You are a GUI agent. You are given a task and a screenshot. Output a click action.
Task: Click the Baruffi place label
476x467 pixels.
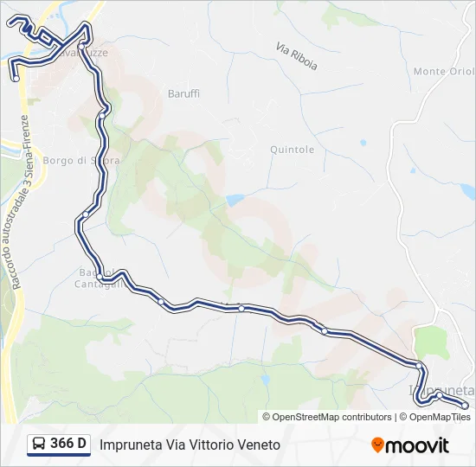click(183, 93)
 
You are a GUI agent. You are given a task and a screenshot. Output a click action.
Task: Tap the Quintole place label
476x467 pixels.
click(292, 150)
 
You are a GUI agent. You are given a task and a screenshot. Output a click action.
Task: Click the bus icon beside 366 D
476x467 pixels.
click(39, 445)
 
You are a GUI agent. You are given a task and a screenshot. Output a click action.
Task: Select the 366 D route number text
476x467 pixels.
click(68, 445)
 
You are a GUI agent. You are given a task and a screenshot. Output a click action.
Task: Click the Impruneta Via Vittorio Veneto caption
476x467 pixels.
click(190, 445)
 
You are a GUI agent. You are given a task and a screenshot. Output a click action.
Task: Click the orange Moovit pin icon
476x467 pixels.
click(377, 445)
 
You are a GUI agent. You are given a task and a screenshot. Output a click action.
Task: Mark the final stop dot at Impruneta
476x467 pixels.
click(465, 405)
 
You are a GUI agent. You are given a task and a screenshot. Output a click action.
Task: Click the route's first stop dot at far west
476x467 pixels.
click(16, 79)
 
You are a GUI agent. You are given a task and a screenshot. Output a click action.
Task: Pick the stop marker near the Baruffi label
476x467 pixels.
click(102, 113)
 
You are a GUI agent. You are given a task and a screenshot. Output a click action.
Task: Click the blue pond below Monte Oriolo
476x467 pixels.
click(466, 189)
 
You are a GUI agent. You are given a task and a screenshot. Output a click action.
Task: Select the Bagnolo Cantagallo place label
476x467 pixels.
click(90, 278)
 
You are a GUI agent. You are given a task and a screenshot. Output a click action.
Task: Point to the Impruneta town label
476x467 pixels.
click(442, 391)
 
